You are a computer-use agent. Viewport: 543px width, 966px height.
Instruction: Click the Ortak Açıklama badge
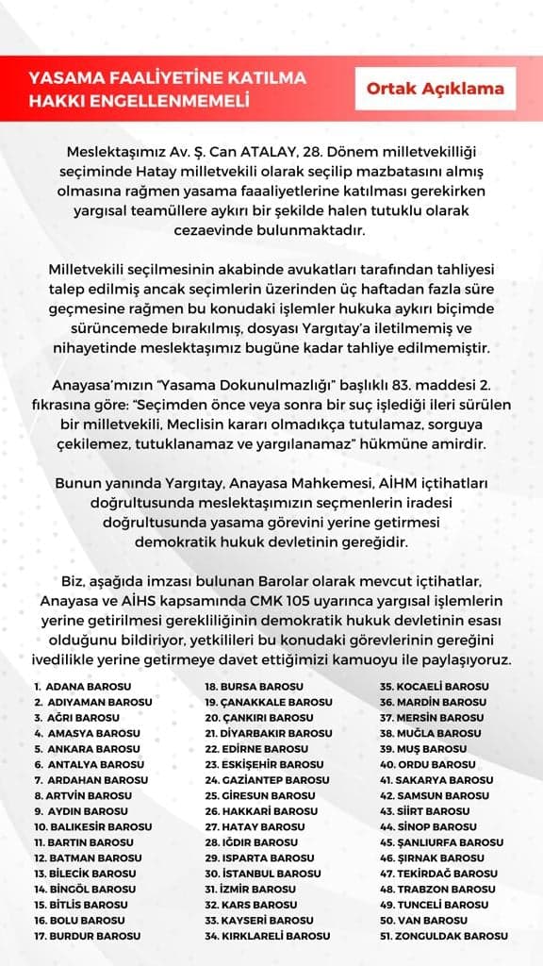[x=436, y=89]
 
